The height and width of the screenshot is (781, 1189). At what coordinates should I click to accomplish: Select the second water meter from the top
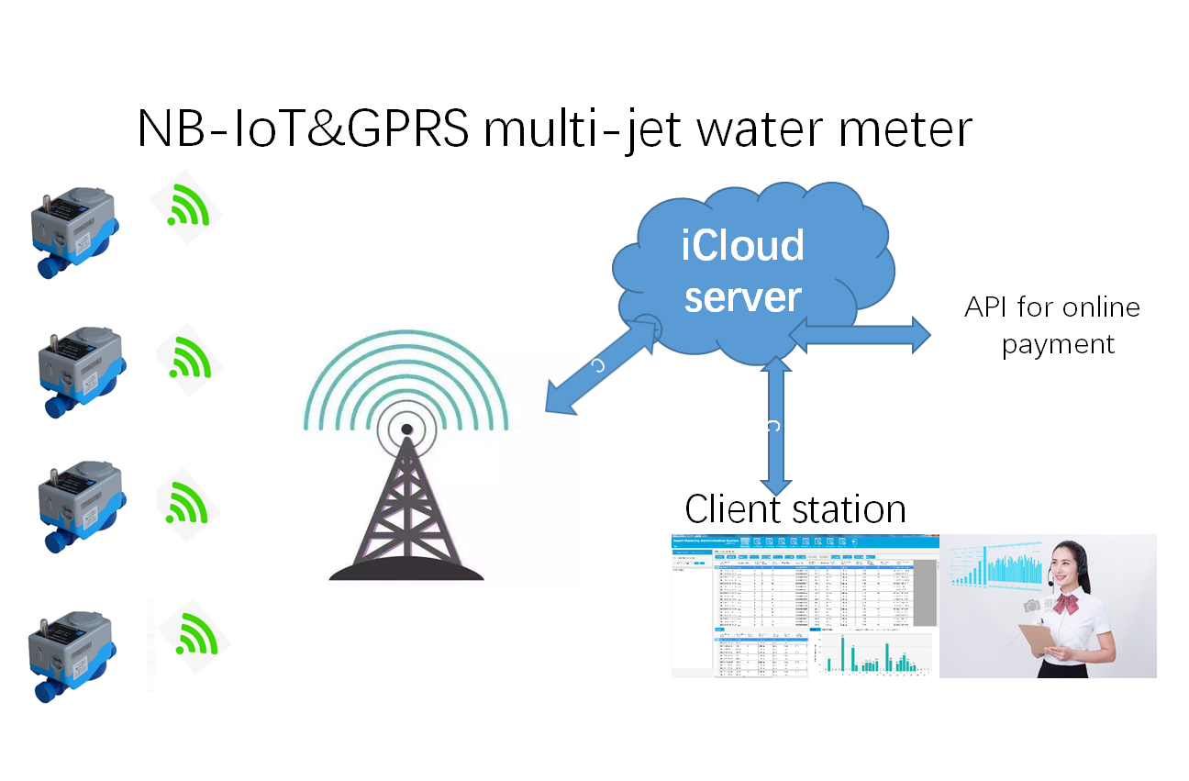point(79,369)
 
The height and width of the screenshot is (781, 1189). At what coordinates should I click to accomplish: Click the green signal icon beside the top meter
point(188,206)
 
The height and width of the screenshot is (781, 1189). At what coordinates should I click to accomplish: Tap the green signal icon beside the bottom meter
point(194,633)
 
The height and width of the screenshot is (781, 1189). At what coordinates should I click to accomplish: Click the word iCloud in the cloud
point(742,245)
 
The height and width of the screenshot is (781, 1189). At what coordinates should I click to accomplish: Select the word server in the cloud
point(743,297)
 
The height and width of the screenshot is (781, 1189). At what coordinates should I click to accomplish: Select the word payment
point(1058,345)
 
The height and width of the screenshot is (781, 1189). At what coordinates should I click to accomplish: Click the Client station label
point(795,509)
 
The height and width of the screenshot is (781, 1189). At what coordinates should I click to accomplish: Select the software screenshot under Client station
point(805,606)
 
